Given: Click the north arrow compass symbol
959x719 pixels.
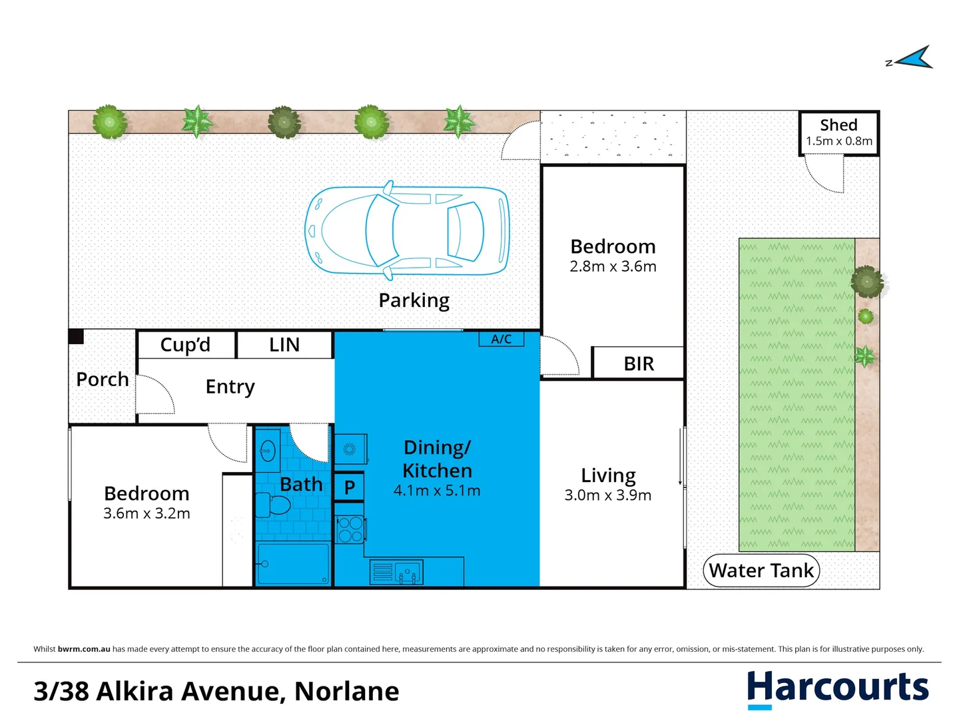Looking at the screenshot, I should click(914, 59).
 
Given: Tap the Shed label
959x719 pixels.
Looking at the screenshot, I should click(838, 125).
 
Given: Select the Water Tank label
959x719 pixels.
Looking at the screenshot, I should click(761, 571).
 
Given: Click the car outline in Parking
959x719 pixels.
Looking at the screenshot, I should click(407, 230).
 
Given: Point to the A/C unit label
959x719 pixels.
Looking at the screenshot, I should click(501, 339).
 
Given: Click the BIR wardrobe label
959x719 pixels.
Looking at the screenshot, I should click(639, 363).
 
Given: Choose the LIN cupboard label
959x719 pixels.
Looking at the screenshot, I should click(284, 345).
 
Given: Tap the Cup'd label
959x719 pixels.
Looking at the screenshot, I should click(185, 345).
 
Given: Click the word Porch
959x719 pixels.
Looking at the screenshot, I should click(103, 379).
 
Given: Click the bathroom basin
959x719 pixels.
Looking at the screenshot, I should click(268, 451).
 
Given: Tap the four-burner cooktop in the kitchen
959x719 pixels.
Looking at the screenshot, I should click(350, 530).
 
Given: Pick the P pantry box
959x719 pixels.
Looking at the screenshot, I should click(349, 487).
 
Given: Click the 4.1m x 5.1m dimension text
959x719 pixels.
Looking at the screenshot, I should click(437, 491).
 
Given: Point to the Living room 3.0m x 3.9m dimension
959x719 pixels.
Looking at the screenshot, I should click(607, 495).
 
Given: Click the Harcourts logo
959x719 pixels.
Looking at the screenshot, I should click(837, 688).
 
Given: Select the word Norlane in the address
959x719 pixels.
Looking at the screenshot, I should click(346, 692).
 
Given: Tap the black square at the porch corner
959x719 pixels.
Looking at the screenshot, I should click(76, 337).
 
